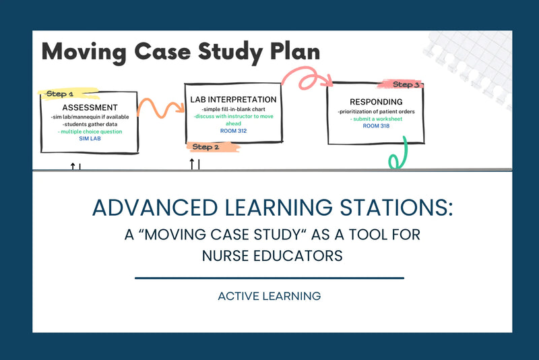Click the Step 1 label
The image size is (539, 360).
click(x=61, y=94)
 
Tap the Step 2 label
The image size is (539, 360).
click(x=205, y=146)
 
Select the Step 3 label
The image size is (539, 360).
click(x=406, y=85)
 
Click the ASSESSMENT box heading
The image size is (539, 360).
click(x=90, y=107)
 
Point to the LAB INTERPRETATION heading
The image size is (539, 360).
click(x=233, y=100)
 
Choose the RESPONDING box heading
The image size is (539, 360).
click(x=376, y=102)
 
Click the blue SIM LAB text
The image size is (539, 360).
click(x=89, y=139)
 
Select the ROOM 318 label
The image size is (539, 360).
click(x=376, y=126)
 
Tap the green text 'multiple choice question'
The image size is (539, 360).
click(x=90, y=131)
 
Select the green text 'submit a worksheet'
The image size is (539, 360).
click(x=376, y=119)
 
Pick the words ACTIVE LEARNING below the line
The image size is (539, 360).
click(x=269, y=295)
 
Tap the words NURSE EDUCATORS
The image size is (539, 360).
click(x=269, y=256)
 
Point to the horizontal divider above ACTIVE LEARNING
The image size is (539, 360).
click(x=269, y=278)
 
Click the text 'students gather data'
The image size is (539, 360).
click(x=90, y=124)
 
